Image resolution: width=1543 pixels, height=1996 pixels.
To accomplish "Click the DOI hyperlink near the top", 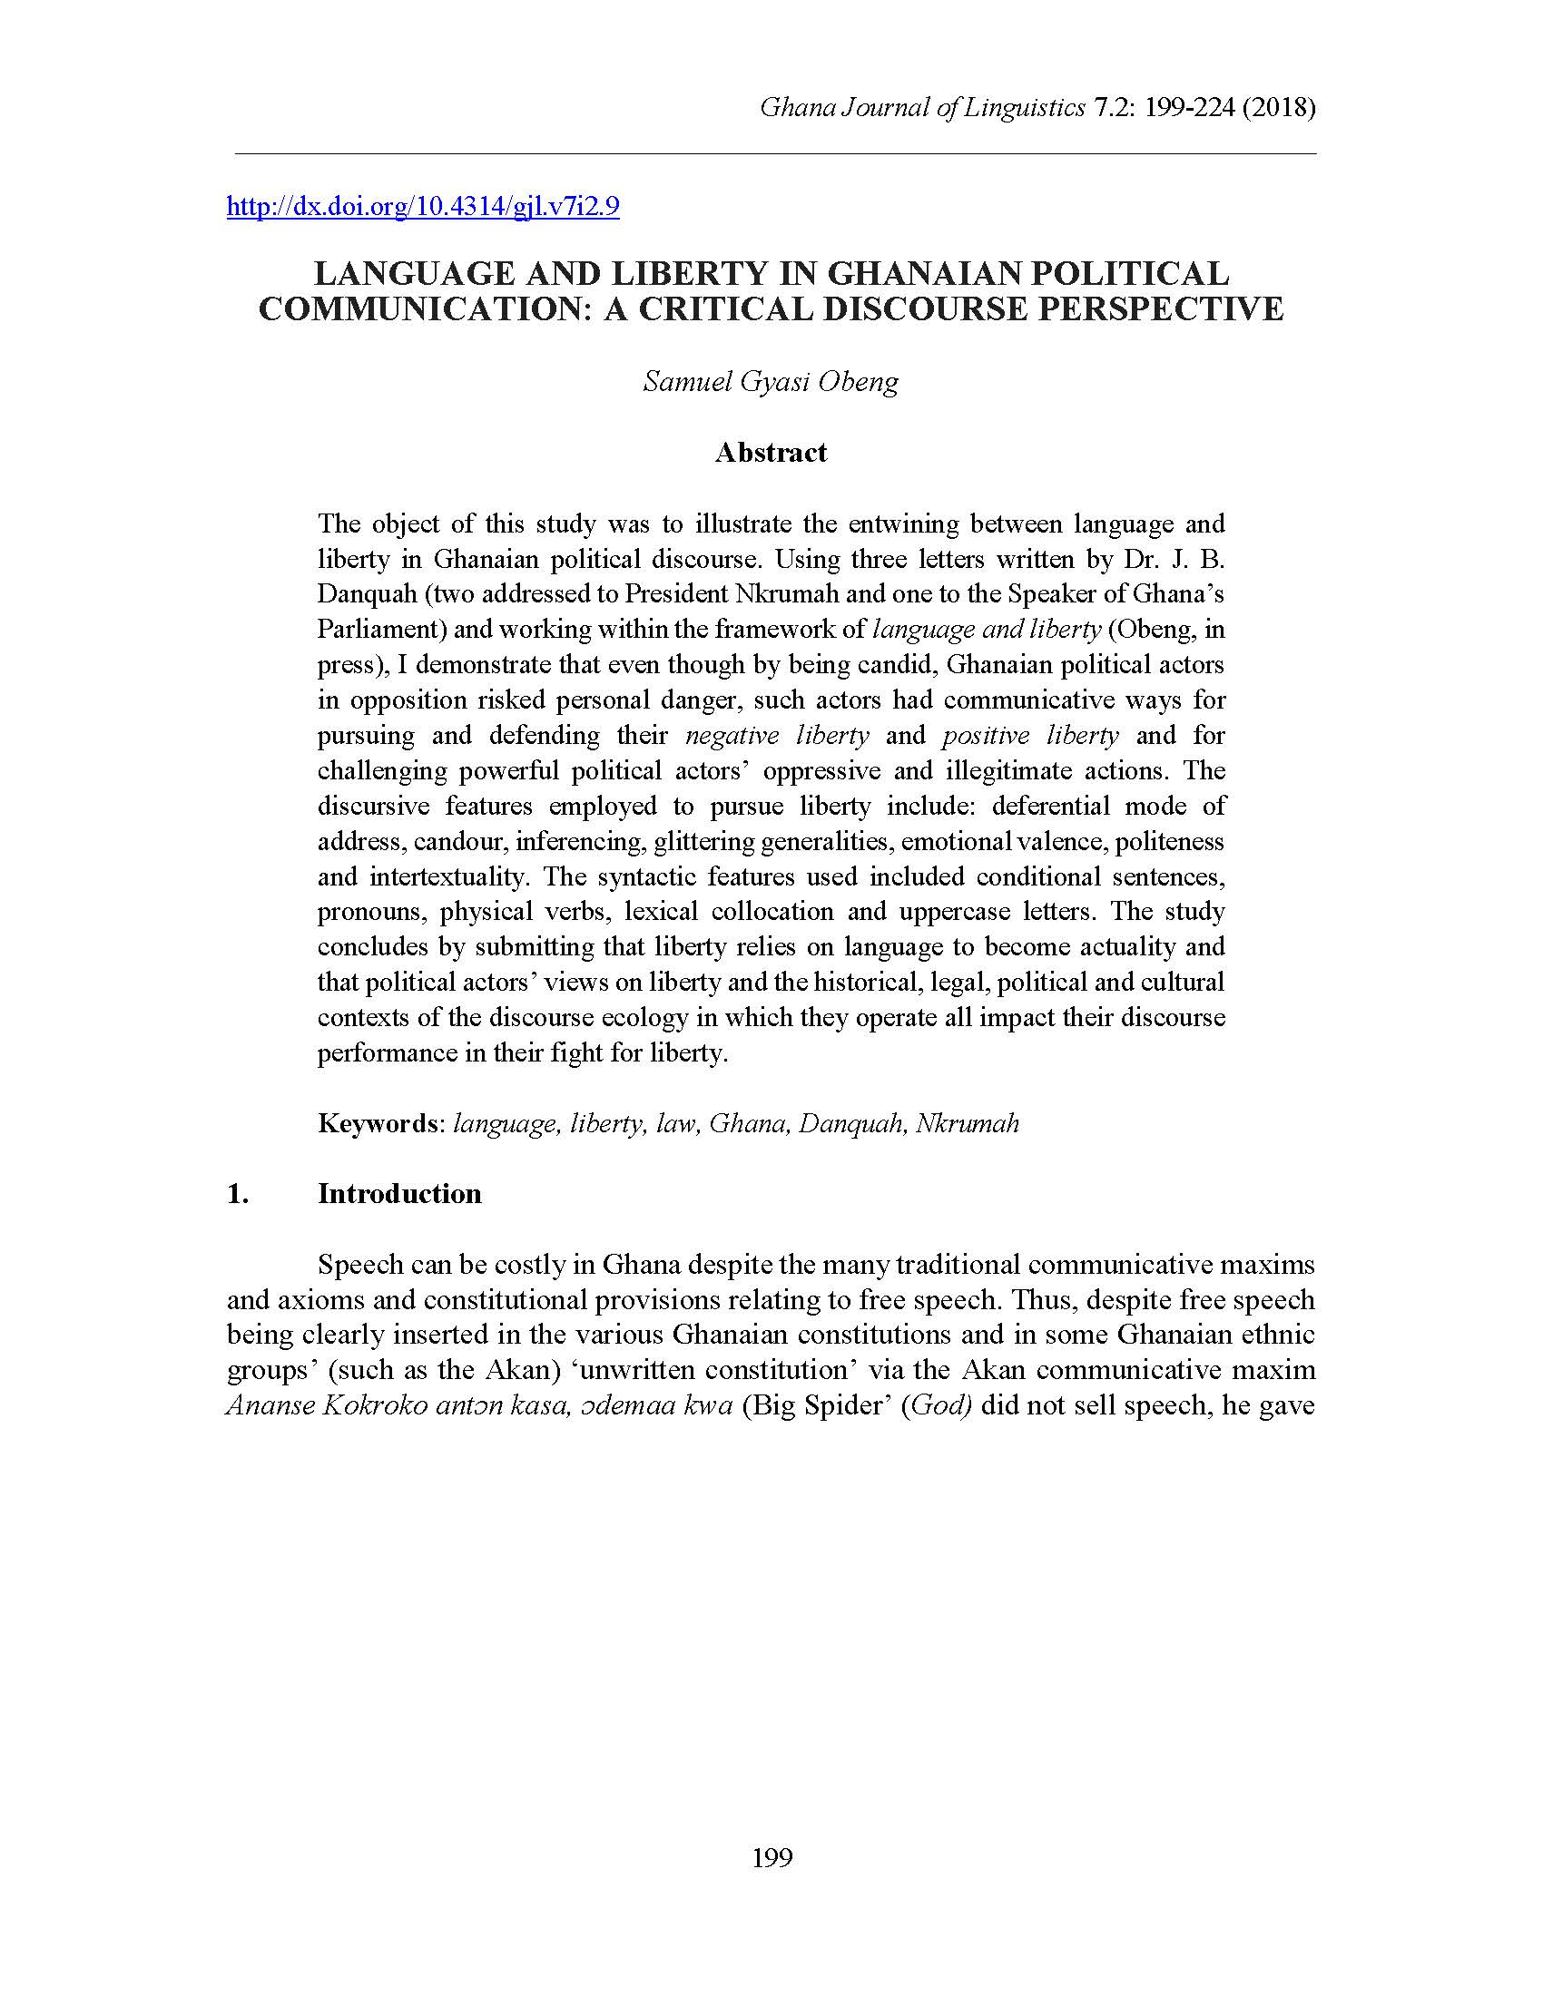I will [x=422, y=207].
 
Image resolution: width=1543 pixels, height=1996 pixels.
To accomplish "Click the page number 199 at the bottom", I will [x=771, y=1857].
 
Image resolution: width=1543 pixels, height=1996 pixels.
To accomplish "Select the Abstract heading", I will [x=771, y=453].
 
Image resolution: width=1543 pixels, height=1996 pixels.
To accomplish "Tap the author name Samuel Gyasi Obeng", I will [x=771, y=381].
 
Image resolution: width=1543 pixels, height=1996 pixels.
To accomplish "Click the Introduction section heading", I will [x=399, y=1194].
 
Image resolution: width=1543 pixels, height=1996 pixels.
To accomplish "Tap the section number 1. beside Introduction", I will [x=238, y=1194].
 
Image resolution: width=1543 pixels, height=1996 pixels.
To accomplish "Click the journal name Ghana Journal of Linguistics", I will [x=922, y=108].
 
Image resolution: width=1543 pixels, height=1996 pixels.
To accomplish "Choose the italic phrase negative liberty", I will [x=777, y=736].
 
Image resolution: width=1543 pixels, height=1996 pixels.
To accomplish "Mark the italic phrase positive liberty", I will [x=1030, y=736].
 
